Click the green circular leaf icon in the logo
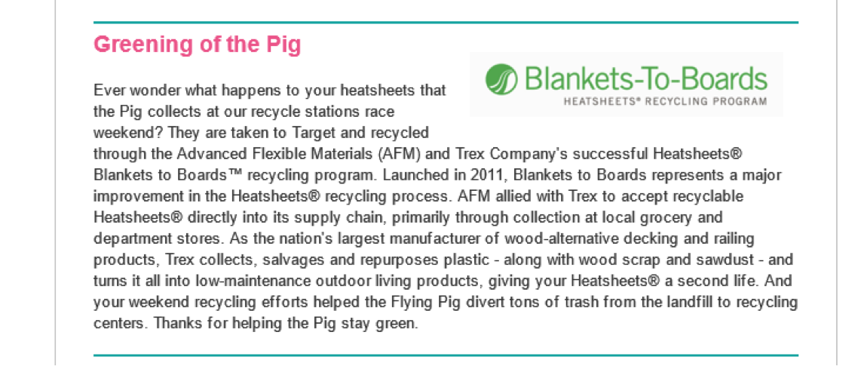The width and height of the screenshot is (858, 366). (x=501, y=79)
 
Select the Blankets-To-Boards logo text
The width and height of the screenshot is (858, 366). (x=645, y=78)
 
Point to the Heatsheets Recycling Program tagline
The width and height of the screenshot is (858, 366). (x=665, y=101)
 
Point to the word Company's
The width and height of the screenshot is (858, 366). (x=518, y=154)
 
